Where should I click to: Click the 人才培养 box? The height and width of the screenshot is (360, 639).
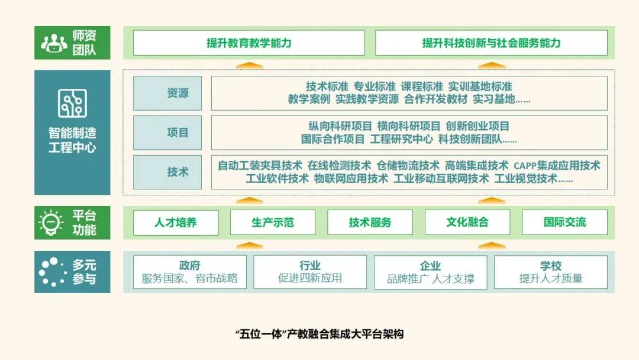[x=176, y=223]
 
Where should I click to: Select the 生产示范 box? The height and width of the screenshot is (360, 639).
[x=273, y=223]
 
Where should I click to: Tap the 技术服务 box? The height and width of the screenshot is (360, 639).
[x=370, y=223]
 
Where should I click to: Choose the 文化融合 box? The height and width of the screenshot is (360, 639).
[x=467, y=223]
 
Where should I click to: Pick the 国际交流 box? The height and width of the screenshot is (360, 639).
[x=564, y=223]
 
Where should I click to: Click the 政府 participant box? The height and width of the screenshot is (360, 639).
[x=189, y=272]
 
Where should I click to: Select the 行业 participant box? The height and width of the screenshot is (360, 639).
[x=310, y=272]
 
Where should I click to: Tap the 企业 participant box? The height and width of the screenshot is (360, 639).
[x=430, y=272]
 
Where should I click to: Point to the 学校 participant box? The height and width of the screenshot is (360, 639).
[x=550, y=272]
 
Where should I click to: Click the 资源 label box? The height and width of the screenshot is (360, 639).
[x=167, y=93]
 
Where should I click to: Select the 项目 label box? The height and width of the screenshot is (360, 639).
[x=167, y=133]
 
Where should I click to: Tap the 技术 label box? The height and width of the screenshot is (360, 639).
[x=167, y=172]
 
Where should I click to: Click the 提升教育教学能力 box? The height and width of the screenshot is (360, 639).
[x=248, y=43]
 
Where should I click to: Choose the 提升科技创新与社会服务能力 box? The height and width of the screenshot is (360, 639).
[x=491, y=43]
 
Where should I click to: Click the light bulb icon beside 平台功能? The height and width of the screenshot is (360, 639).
[x=51, y=222]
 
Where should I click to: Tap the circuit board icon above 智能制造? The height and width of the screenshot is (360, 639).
[x=72, y=103]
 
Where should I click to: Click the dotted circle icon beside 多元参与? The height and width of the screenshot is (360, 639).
[x=51, y=272]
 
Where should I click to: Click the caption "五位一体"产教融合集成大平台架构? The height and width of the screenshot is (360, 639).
[x=319, y=334]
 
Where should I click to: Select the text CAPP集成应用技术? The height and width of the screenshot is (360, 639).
[x=557, y=165]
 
